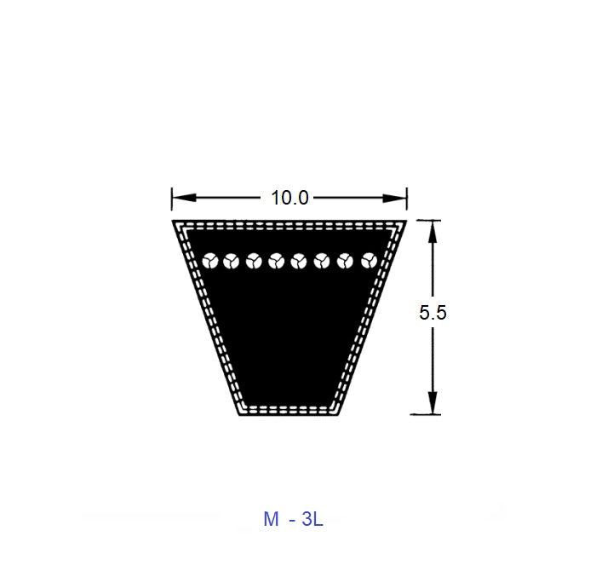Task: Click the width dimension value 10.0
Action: point(289,199)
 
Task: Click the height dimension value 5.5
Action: point(433,313)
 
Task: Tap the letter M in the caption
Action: point(271,519)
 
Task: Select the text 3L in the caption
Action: point(312,519)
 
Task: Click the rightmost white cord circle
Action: point(369,260)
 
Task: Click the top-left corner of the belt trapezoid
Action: point(173,221)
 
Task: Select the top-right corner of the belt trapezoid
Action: point(406,221)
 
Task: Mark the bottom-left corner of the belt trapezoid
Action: point(239,414)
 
